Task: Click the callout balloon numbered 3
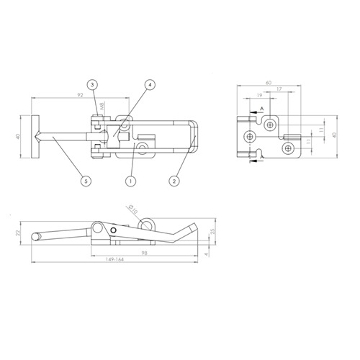pyautogui.click(x=94, y=85)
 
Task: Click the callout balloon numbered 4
pyautogui.click(x=150, y=85)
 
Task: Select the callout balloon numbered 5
pyautogui.click(x=86, y=181)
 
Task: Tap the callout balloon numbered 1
pyautogui.click(x=131, y=181)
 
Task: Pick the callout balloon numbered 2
pyautogui.click(x=174, y=181)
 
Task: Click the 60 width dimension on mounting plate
pyautogui.click(x=268, y=83)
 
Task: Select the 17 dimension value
pyautogui.click(x=279, y=90)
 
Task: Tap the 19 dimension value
pyautogui.click(x=258, y=96)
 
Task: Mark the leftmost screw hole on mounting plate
pyautogui.click(x=250, y=135)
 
